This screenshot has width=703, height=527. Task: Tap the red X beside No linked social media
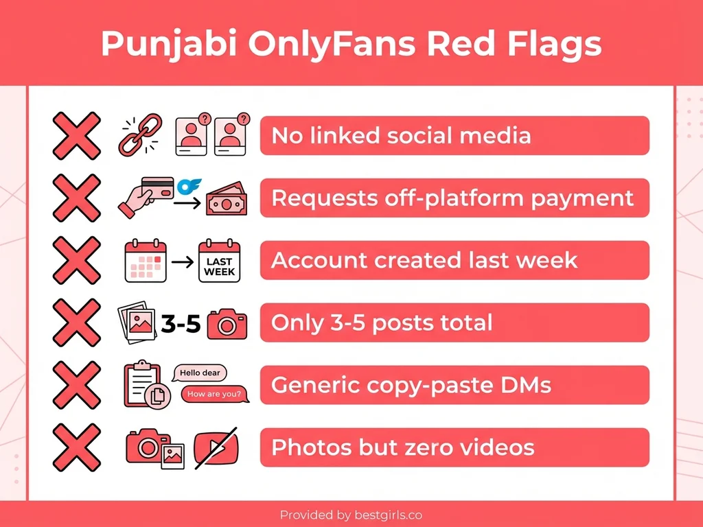pos(76,135)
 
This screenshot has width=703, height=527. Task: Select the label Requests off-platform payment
pos(454,198)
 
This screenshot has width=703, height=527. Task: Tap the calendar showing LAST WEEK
pos(220,261)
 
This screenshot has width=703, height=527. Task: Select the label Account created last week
pos(454,261)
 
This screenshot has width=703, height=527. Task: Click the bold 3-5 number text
pos(181,323)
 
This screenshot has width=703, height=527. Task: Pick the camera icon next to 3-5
pos(227,323)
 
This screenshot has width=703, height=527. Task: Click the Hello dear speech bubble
pos(199,373)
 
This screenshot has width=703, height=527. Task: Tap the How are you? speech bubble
pos(215,394)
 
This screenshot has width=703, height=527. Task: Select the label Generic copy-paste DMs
pos(454,385)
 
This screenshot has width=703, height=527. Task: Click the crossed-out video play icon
pos(216,448)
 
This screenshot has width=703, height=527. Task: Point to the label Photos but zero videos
pos(454,447)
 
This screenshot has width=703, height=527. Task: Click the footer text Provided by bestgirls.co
pos(351,514)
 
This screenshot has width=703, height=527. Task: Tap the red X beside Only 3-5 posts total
pos(76,323)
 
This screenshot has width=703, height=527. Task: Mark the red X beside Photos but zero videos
pos(76,447)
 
